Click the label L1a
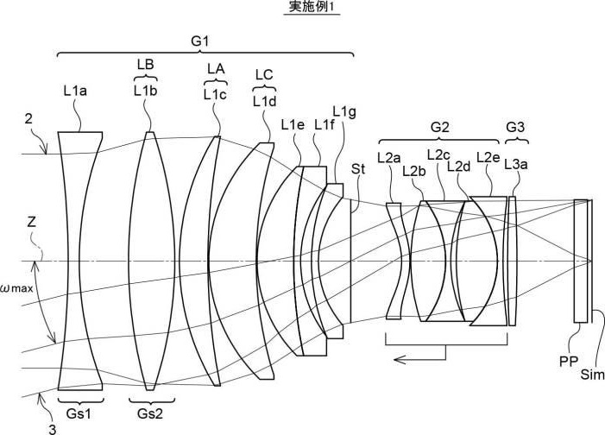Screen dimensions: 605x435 76,91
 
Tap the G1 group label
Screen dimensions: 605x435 200,41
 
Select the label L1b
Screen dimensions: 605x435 146,91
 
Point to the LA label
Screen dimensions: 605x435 216,69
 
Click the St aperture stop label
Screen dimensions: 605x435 358,168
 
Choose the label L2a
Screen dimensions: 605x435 389,157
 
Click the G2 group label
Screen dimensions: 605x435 439,127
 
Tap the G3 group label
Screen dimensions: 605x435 515,127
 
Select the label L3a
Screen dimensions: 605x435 516,165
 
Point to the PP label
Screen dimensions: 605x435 569,362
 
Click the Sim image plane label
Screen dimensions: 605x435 593,375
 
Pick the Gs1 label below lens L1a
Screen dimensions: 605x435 79,413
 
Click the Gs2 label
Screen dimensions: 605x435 150,413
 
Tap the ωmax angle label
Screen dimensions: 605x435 16,288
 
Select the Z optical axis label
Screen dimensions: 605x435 32,222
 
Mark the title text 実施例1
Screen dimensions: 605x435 312,7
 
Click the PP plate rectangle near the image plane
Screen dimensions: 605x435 580,261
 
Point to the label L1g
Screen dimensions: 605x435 344,112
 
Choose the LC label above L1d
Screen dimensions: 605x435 264,74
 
